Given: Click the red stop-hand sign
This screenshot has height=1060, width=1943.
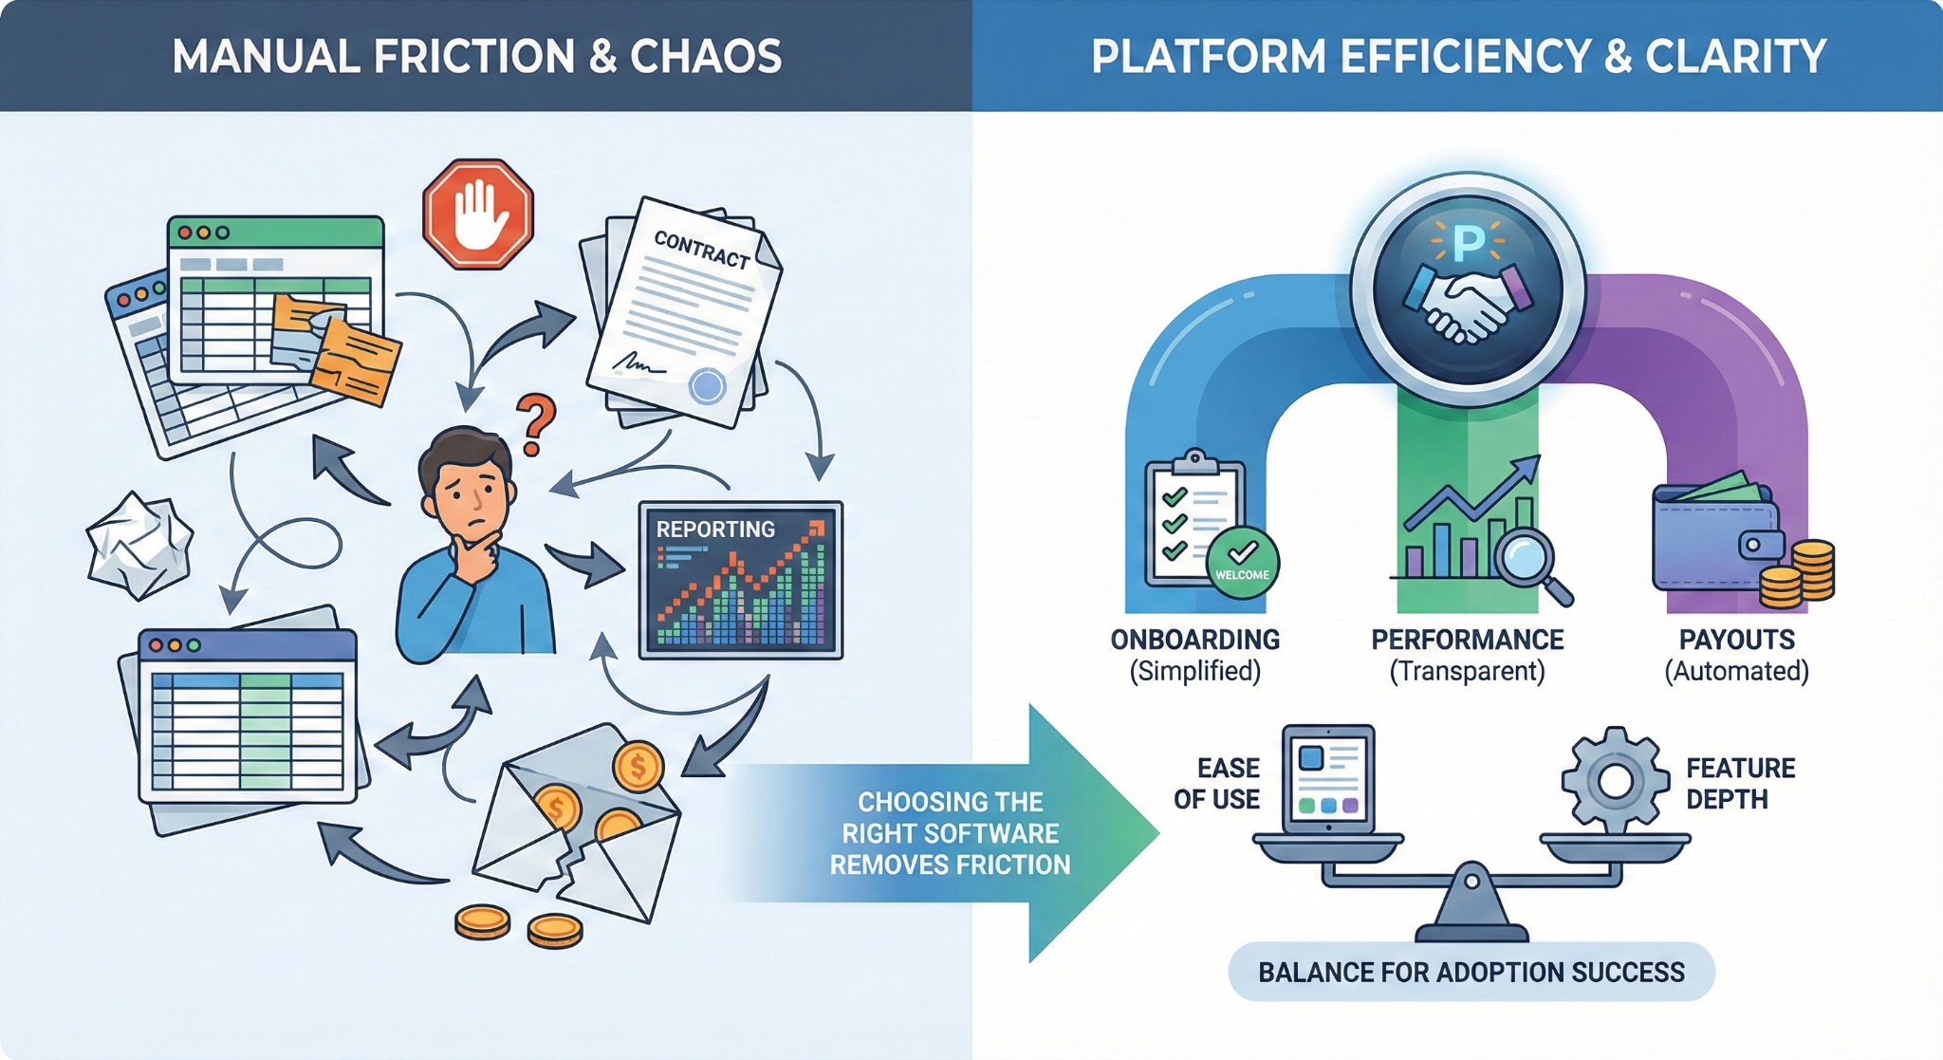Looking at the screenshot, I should point(477,214).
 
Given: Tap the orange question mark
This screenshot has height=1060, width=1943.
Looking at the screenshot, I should point(536,425).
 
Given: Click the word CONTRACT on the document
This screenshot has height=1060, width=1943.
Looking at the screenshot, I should point(702,250).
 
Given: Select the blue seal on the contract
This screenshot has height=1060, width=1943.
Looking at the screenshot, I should point(707,385).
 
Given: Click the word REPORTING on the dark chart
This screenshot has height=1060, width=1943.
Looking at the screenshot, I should point(715,530).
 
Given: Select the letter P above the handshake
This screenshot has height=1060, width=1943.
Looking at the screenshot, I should point(1469,243).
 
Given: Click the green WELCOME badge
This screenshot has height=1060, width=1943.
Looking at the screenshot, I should point(1242,564).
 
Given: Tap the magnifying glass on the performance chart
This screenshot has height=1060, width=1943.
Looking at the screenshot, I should point(1529,560).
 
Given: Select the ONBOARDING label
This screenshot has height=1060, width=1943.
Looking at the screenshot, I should point(1195,640).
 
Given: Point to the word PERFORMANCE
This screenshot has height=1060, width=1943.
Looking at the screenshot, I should point(1467,640).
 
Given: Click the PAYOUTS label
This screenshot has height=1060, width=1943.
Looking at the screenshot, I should point(1736,640).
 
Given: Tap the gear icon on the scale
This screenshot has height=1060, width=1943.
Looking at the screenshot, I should point(1615,781).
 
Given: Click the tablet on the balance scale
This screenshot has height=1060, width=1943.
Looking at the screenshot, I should point(1328,778).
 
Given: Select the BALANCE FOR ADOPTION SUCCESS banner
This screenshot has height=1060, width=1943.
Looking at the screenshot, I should point(1471,972).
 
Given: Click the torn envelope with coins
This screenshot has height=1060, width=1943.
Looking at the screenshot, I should point(579,826).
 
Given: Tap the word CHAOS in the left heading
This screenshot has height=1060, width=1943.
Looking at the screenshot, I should point(706,57).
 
